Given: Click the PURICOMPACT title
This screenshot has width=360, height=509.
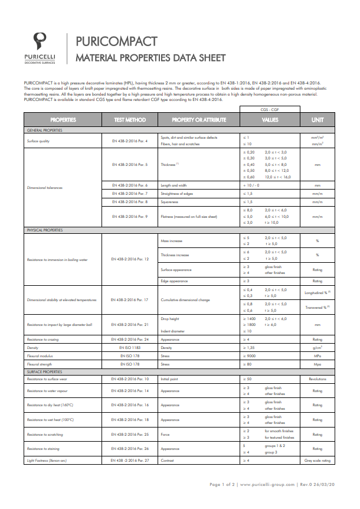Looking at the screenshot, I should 116,41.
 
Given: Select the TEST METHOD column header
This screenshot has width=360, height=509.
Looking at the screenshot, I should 130,120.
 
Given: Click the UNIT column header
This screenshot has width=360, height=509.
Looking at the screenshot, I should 318,120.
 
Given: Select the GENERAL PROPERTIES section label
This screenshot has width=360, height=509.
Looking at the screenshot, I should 45,130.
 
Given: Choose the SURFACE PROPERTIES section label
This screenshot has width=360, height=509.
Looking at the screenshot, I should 45,372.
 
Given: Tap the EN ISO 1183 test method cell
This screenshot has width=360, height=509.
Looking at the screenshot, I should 129,348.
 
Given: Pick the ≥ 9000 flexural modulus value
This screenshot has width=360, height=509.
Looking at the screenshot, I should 250,356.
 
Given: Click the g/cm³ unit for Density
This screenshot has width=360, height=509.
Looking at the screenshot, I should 318,348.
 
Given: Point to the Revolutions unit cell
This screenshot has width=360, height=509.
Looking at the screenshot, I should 318,379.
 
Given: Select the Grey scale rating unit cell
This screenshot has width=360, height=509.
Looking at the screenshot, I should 318,459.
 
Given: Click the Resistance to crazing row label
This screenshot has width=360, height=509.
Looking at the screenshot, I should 44,340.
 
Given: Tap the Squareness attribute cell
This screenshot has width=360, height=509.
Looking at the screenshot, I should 169,201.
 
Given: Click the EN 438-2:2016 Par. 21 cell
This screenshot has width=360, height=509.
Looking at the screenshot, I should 130,324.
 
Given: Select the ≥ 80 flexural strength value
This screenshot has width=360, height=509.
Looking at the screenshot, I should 248,364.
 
